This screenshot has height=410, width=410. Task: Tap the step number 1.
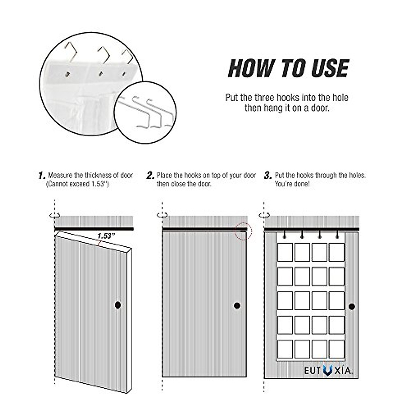click(x=41, y=176)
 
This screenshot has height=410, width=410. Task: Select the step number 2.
click(x=150, y=176)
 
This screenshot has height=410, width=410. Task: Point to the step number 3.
click(x=268, y=176)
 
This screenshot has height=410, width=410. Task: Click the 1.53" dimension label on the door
click(x=106, y=236)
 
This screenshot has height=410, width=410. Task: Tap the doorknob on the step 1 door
click(x=118, y=305)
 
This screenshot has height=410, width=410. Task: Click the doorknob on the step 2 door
click(x=237, y=305)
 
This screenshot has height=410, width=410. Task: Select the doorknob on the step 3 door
click(x=352, y=306)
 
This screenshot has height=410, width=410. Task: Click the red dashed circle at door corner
click(x=243, y=231)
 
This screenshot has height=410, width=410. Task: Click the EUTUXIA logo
click(x=328, y=370)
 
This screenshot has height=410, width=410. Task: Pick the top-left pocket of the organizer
click(x=285, y=252)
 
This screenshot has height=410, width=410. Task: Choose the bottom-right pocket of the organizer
click(x=337, y=349)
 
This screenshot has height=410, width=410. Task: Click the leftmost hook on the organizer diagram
click(x=284, y=235)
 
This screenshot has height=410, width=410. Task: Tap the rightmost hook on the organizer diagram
click(x=337, y=235)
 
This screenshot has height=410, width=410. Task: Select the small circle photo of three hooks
click(x=145, y=111)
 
